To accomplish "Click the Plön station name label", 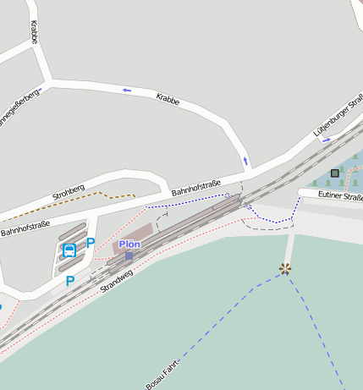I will coord(129,244).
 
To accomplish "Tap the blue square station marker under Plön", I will coord(129,255).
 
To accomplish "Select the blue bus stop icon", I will coord(69,250).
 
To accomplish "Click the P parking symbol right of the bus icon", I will coord(91,244).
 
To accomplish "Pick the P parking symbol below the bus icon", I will coord(70,281).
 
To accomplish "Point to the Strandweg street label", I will coord(117,282).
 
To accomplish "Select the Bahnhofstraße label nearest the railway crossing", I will coord(196,188).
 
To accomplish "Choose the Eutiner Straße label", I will coord(340,197).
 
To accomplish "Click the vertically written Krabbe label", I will coord(35,33).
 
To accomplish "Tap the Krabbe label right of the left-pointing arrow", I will coord(168,99).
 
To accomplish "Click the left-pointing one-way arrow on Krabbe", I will coord(128,90).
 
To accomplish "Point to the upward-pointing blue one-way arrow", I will coord(246,160).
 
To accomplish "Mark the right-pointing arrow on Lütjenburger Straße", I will coord(327,141).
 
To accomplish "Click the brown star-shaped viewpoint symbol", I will coord(285,269).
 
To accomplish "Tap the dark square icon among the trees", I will coord(335,173).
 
